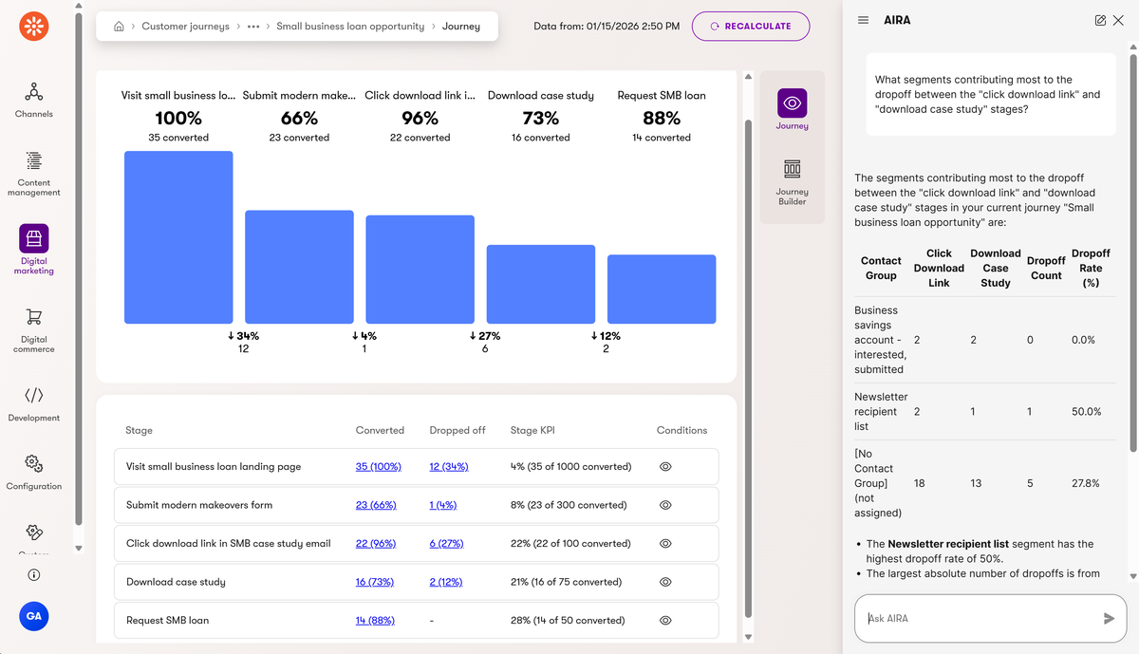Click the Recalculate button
(751, 27)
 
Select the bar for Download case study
(540, 284)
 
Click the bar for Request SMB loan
(661, 289)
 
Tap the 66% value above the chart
(299, 119)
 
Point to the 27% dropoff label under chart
(485, 336)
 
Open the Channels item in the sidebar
(34, 100)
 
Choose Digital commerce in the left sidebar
(34, 328)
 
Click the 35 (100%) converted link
(378, 467)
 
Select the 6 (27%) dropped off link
(446, 544)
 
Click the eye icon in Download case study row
(665, 582)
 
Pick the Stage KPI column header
(532, 430)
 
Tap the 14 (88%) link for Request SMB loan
(375, 621)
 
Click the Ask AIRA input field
(978, 619)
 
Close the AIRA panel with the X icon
(1118, 20)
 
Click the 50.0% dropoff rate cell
(1086, 412)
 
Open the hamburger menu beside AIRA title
(863, 20)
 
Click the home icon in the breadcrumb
(119, 27)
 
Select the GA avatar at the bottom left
(34, 616)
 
